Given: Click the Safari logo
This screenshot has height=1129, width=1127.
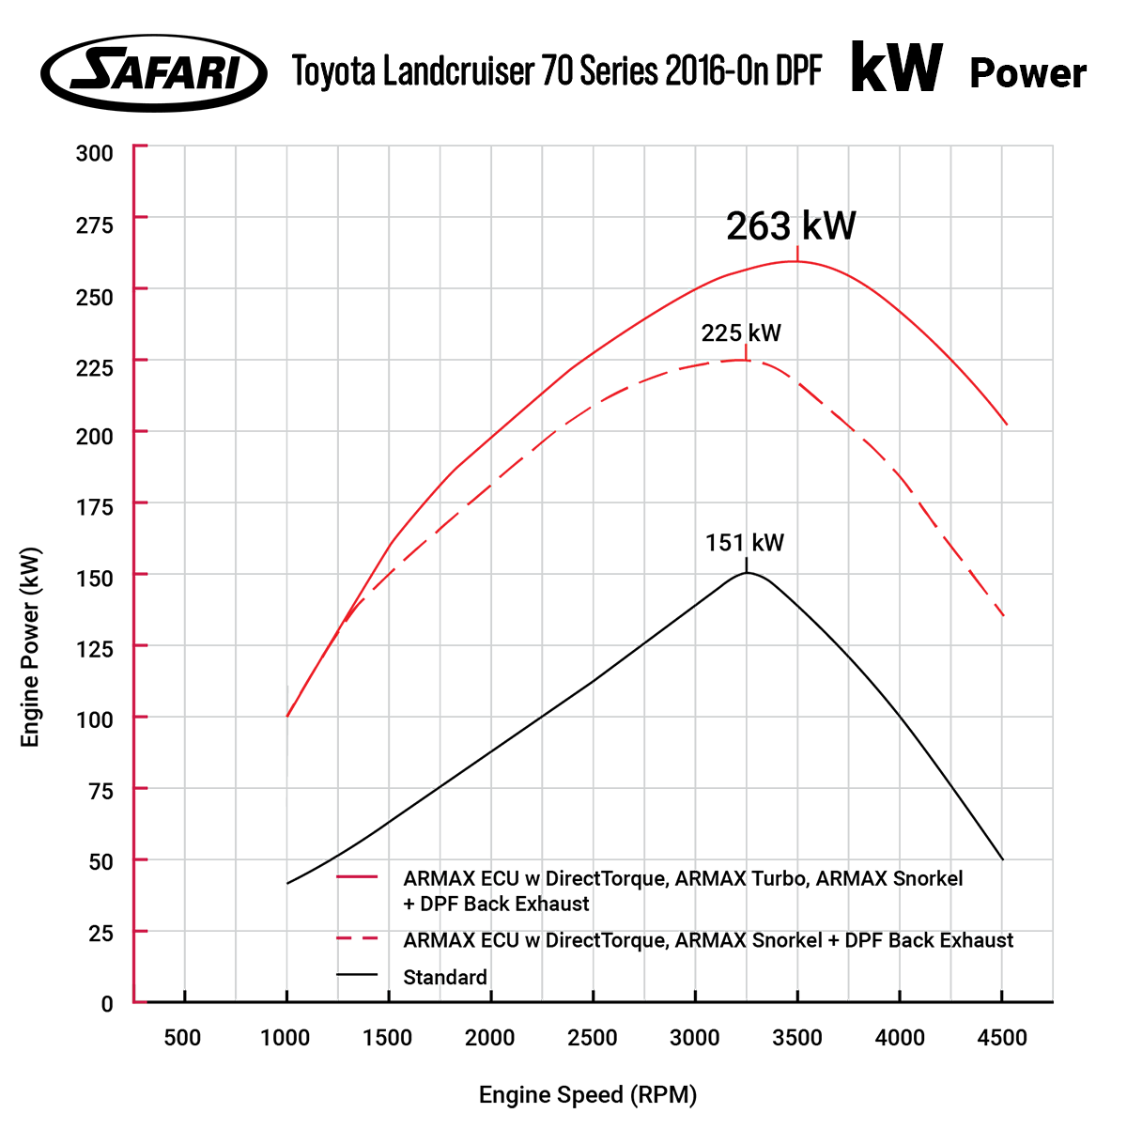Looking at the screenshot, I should click(154, 72).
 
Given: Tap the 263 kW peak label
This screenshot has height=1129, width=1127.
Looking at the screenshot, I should click(791, 226).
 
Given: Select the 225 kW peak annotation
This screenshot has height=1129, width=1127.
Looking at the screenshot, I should click(741, 333).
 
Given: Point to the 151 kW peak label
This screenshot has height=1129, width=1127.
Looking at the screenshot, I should click(745, 543).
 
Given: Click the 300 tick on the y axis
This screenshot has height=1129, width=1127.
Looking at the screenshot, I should click(94, 153).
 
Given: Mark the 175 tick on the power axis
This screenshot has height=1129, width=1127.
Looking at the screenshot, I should click(94, 507).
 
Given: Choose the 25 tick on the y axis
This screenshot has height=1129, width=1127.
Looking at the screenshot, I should click(100, 933).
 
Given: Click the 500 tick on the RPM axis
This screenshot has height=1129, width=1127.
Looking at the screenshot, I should click(182, 1038).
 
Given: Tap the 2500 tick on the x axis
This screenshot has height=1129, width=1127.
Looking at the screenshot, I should click(593, 1038).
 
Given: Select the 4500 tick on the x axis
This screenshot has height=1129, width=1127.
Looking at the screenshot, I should click(1002, 1038).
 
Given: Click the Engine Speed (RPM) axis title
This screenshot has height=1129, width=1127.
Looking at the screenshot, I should click(588, 1095).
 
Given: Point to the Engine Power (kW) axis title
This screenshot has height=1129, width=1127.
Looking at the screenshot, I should click(31, 648).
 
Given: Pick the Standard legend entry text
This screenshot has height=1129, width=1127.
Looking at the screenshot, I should click(445, 978).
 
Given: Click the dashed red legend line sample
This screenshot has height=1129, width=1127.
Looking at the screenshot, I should click(357, 938).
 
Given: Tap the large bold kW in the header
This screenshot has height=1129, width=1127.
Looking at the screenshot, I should click(896, 69).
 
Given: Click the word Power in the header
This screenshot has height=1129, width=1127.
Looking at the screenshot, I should click(1027, 73).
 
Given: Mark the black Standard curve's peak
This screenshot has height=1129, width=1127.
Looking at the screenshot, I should click(747, 572).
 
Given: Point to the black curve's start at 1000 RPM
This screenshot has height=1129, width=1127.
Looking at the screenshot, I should click(287, 884).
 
